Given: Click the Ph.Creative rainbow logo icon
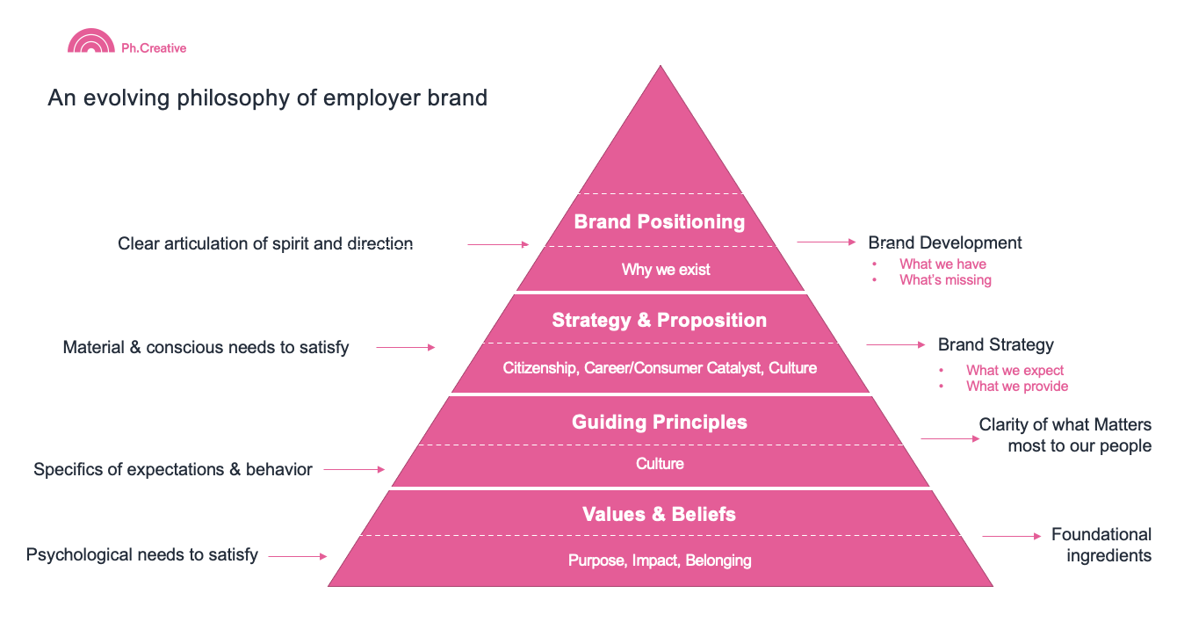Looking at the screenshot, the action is (90, 41).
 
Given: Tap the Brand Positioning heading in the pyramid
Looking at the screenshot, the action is (660, 221).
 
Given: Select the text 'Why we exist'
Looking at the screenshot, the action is (666, 270).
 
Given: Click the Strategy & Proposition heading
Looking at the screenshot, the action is (660, 320).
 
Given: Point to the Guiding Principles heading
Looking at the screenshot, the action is (660, 422).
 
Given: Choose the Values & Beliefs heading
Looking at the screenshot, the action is (659, 514).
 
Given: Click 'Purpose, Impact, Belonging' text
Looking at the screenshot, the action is (660, 561).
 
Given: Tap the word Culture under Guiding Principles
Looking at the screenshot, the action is (660, 463).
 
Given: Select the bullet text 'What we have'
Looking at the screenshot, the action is (942, 264).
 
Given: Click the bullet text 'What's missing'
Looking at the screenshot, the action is (945, 280).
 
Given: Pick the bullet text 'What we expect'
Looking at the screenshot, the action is (1015, 371).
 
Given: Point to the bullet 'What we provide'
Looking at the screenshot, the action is (1017, 387).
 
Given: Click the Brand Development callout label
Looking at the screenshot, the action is (945, 242).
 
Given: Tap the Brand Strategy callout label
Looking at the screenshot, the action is (996, 344).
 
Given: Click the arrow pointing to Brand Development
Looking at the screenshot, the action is (827, 242).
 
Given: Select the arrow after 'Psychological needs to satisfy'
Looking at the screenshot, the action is (298, 556).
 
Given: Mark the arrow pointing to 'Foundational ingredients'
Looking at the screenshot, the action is (1012, 536).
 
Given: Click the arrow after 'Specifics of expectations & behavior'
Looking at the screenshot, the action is (354, 469).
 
